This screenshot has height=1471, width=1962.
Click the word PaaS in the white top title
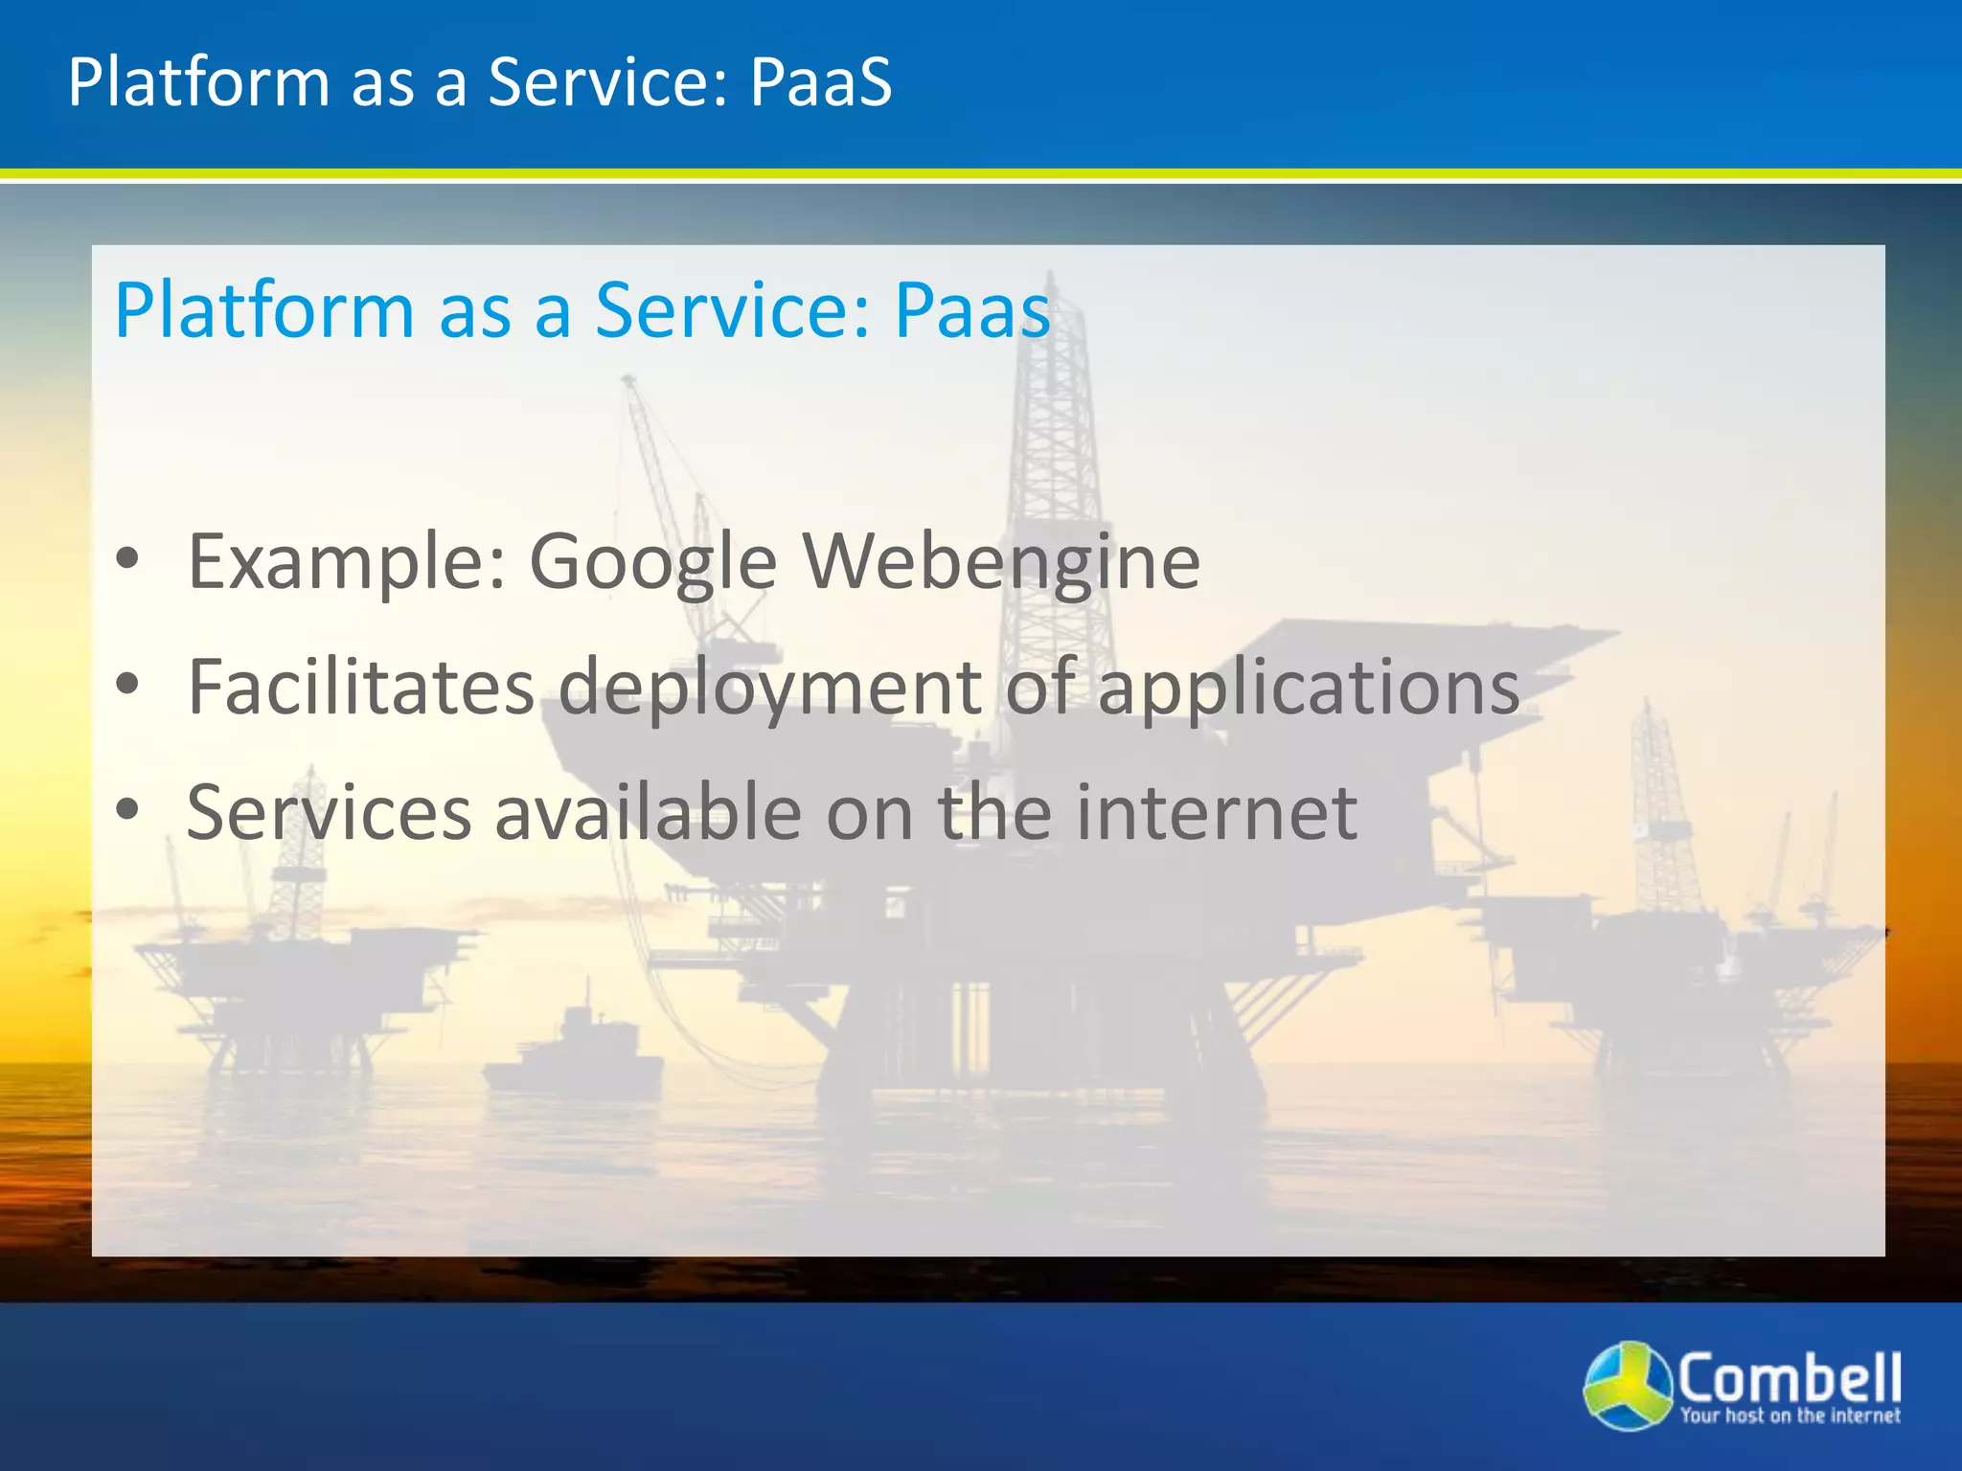tap(820, 82)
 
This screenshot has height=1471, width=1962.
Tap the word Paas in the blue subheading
tap(971, 311)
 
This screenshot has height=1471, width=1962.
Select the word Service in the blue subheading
tap(732, 311)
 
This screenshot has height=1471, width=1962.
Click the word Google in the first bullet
tap(652, 563)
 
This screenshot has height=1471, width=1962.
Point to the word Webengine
tap(1001, 563)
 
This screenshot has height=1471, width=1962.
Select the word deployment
tap(769, 690)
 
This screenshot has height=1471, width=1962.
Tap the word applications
tap(1308, 690)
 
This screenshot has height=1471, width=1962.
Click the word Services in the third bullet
tap(329, 813)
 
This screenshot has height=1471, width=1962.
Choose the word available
tap(648, 813)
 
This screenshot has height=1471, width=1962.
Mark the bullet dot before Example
tap(127, 559)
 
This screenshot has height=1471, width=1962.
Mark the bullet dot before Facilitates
tap(127, 684)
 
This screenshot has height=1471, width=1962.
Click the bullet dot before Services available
tap(127, 810)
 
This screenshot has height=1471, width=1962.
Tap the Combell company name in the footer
tap(1789, 1377)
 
